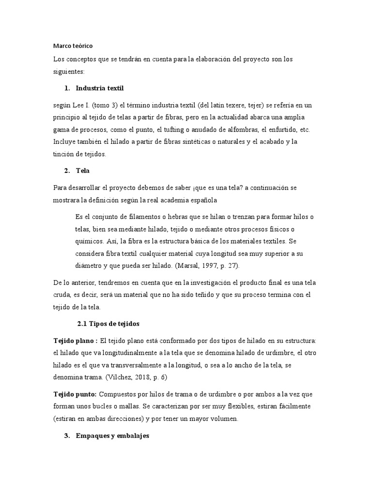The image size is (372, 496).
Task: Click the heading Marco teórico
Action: pos(72,46)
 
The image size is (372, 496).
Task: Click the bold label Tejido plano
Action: pos(74,341)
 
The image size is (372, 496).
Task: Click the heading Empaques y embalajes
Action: pos(113,436)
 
